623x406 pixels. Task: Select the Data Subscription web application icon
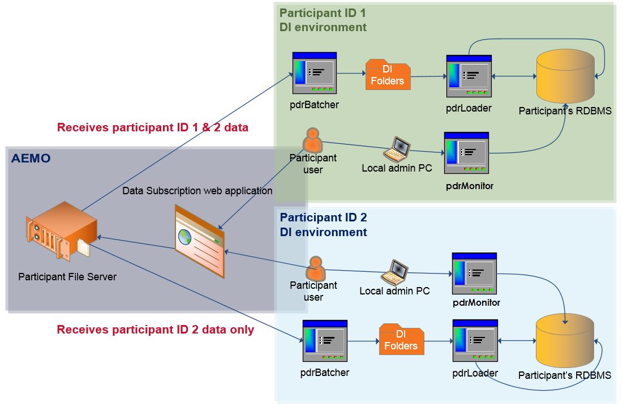tap(199, 240)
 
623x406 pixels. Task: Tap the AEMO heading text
tap(31, 159)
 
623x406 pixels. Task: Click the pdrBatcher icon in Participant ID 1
tap(315, 72)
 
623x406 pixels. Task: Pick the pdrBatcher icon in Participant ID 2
tap(325, 340)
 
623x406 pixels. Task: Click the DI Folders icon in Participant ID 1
tap(387, 75)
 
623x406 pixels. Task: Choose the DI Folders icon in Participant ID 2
tap(401, 340)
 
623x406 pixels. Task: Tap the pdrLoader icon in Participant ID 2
tap(475, 340)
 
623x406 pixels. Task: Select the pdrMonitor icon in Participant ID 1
tap(466, 153)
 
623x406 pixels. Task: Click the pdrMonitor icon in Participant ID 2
tap(474, 273)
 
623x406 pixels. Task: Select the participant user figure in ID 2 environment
tap(315, 268)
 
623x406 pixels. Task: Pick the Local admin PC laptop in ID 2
tap(394, 272)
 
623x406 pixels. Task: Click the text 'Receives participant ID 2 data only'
tap(156, 330)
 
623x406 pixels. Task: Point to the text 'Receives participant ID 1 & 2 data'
tap(153, 127)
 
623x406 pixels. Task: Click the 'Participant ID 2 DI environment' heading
tap(324, 225)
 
